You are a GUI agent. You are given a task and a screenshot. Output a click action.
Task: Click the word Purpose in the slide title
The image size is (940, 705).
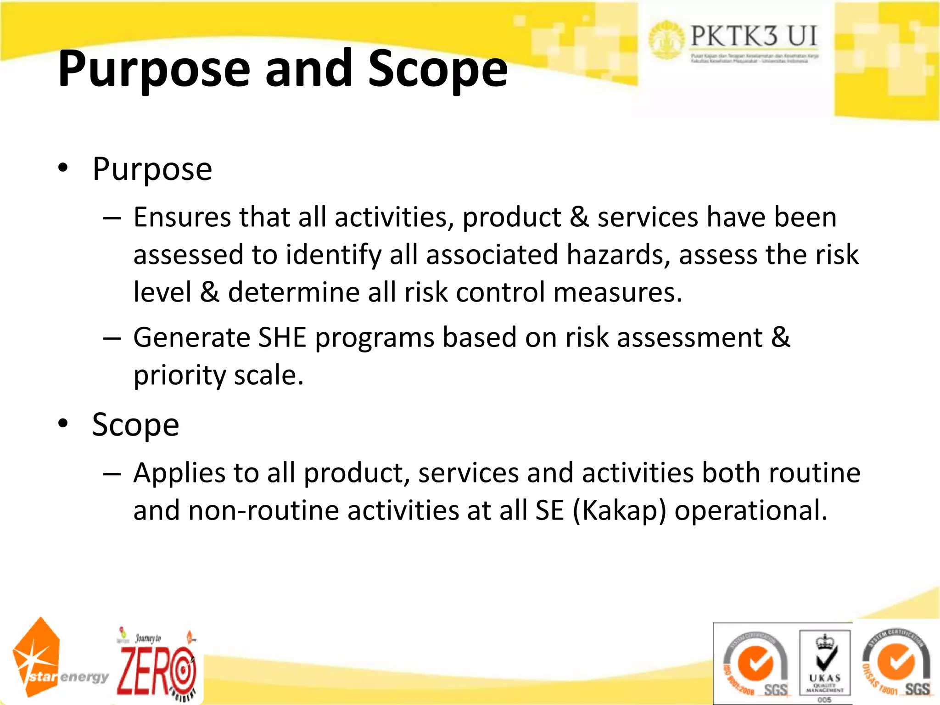(x=154, y=69)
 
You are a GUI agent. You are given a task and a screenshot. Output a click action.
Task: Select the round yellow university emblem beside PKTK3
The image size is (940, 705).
(x=666, y=39)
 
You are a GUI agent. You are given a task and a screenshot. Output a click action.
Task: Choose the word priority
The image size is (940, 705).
(x=179, y=375)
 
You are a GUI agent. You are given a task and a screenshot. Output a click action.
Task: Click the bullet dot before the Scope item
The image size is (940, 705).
(x=63, y=423)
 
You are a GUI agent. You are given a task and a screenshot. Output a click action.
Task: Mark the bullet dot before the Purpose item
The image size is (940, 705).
(x=63, y=168)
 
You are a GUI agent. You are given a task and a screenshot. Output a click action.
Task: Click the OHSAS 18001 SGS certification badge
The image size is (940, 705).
(x=896, y=663)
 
